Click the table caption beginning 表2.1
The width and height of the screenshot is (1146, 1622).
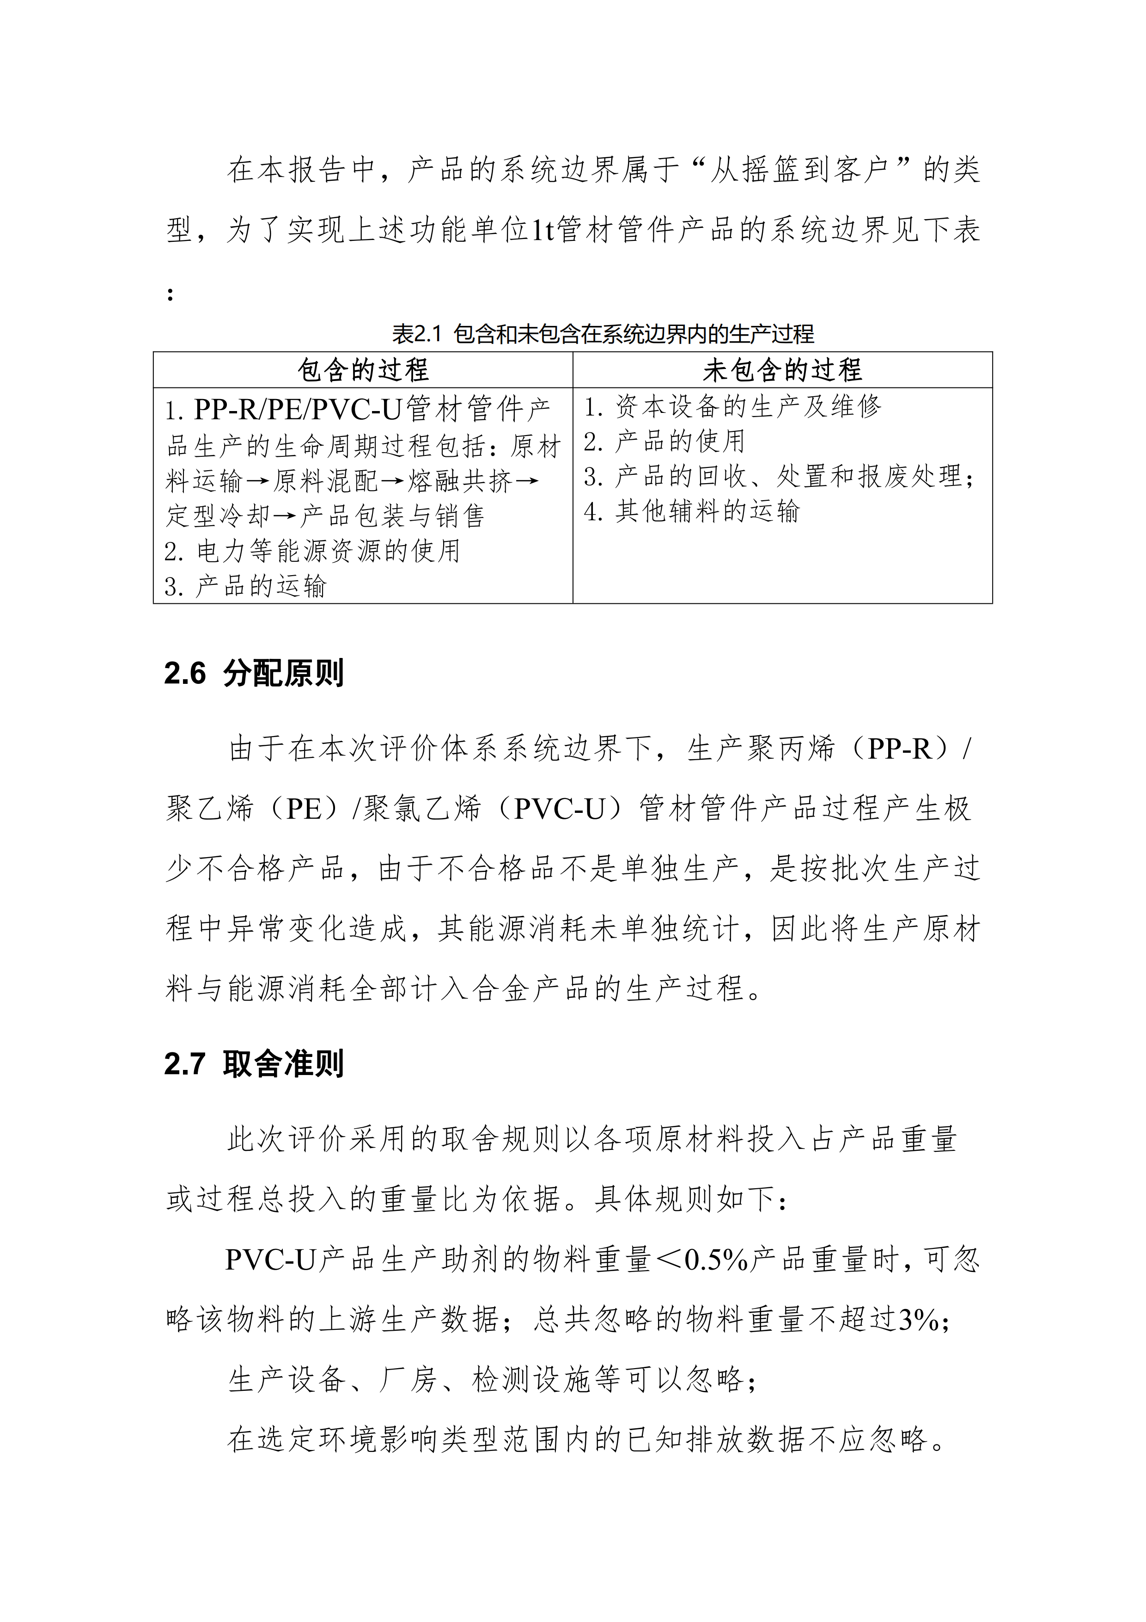(602, 333)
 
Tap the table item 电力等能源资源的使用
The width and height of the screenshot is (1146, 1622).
(329, 551)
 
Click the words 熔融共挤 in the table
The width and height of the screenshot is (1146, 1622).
(460, 482)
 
